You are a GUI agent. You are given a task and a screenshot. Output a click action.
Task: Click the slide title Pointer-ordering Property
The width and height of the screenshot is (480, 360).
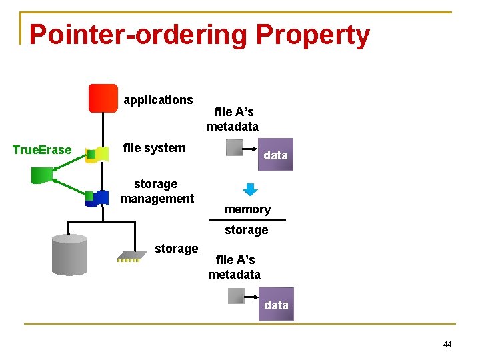point(199,35)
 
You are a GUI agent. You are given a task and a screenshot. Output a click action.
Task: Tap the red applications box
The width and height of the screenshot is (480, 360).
point(103,98)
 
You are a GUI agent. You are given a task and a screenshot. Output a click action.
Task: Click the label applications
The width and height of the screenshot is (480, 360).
point(158,100)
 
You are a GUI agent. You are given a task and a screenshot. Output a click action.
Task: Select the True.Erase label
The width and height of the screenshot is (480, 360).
point(42,150)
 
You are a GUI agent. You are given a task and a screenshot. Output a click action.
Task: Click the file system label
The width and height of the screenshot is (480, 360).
point(155,148)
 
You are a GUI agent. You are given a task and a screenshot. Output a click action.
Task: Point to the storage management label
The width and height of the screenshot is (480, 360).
point(157,191)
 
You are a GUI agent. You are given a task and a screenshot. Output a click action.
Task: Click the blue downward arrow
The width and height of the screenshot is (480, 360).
point(250,189)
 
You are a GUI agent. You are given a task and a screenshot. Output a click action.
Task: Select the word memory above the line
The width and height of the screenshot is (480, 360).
point(247,209)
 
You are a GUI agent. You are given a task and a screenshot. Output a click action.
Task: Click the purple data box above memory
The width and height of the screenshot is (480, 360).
point(275,155)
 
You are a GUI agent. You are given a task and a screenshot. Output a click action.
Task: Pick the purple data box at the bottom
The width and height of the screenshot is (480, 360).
point(276,305)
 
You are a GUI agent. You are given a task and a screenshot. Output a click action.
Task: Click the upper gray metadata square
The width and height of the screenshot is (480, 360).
point(235,147)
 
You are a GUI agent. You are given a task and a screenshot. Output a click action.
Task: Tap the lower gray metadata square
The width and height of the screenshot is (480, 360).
point(236,296)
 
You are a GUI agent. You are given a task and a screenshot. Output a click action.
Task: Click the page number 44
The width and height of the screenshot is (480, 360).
point(447,345)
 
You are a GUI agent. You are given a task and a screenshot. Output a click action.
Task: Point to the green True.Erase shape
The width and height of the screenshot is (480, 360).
point(42,175)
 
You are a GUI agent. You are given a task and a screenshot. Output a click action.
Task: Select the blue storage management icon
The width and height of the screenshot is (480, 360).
point(99,198)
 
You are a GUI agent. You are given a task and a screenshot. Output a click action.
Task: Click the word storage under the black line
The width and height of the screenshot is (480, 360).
point(246,230)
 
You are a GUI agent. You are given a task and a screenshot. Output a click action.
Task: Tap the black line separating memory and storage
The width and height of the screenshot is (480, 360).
point(247,219)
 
